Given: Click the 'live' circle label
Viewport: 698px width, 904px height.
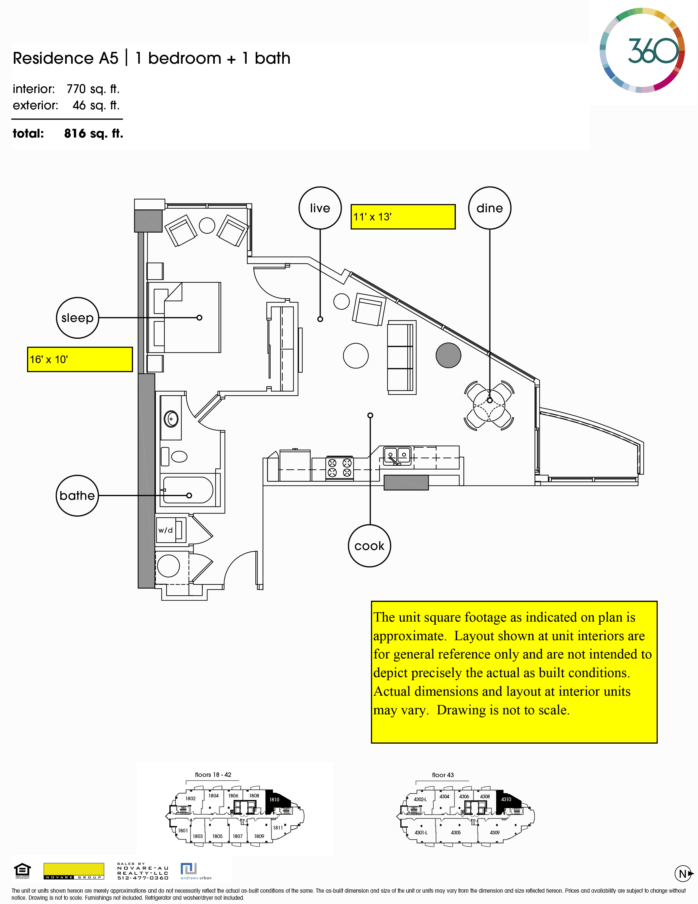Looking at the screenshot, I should tap(320, 208).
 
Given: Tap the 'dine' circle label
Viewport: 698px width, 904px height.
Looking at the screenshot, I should tap(489, 208).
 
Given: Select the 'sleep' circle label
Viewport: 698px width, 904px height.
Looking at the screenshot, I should tap(78, 317).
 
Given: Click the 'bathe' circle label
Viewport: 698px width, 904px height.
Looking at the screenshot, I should tap(78, 496).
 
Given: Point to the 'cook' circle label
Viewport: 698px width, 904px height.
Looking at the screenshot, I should tap(369, 545).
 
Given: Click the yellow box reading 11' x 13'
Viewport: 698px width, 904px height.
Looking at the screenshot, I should tap(403, 216).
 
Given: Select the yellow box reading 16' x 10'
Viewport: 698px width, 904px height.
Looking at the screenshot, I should tap(80, 359).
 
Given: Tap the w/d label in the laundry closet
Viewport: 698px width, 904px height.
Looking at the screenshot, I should tap(165, 530).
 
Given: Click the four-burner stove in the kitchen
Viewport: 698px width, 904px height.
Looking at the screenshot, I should tap(339, 468).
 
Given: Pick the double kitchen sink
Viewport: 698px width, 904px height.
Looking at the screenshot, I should tap(397, 456).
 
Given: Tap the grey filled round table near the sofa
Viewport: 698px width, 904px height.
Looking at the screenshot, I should tap(448, 355).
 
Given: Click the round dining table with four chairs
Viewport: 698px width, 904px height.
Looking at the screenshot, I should tap(489, 405).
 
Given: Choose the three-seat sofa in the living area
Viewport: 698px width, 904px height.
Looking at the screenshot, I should tap(401, 357).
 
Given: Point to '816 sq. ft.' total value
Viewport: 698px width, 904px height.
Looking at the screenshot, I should tap(94, 133).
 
